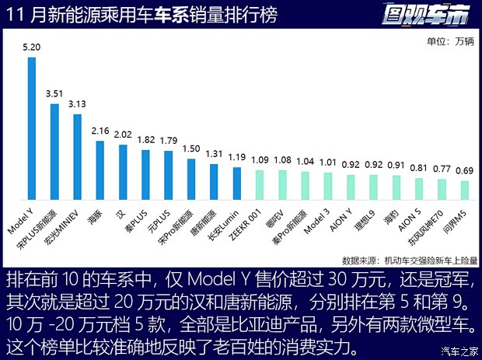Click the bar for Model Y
click(x=32, y=129)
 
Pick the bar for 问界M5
click(x=465, y=191)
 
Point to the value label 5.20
click(x=32, y=48)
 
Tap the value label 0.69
click(x=465, y=170)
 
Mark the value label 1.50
click(x=190, y=149)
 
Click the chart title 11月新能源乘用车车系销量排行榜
click(x=140, y=16)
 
